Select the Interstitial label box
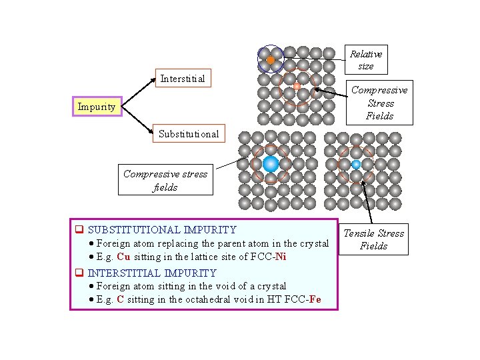tap(182, 79)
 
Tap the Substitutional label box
tap(188, 133)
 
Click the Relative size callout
tap(366, 60)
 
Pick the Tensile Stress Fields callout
tap(373, 239)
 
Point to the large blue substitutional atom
tap(271, 164)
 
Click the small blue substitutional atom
tap(356, 164)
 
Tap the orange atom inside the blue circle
tap(271, 60)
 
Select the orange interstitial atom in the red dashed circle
tap(297, 86)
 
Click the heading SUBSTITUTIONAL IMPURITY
tap(162, 229)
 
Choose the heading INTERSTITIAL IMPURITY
tap(152, 273)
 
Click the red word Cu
tap(123, 257)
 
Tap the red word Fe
tap(314, 299)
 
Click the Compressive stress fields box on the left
tap(165, 181)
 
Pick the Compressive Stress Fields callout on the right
tap(380, 103)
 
